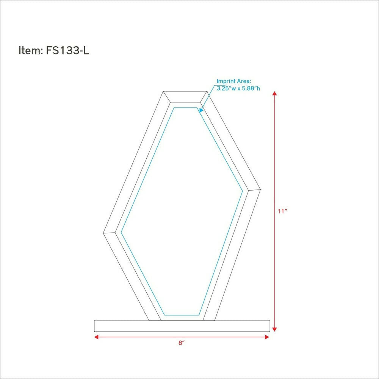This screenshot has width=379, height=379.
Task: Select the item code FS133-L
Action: [68, 51]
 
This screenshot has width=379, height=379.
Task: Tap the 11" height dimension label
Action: [282, 211]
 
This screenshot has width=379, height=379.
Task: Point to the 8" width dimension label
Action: [182, 343]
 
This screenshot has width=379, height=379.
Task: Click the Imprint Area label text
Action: [234, 81]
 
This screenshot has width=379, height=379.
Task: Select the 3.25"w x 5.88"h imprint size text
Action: [238, 88]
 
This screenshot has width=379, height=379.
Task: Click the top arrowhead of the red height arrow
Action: [274, 93]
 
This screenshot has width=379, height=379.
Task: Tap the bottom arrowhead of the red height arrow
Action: [274, 329]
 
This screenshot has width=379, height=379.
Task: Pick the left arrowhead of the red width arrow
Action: [96, 337]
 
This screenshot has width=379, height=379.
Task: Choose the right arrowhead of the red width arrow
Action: [267, 337]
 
